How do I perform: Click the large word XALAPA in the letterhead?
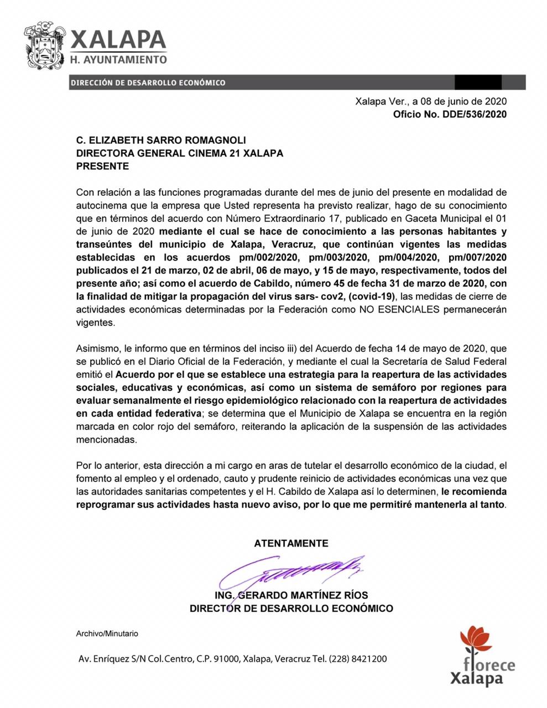pyautogui.click(x=118, y=39)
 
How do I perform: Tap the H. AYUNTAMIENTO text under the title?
pyautogui.click(x=118, y=59)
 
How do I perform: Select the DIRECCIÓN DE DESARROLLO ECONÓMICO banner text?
pyautogui.click(x=148, y=82)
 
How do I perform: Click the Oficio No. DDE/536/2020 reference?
pyautogui.click(x=449, y=114)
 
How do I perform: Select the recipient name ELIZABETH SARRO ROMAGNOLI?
pyautogui.click(x=165, y=140)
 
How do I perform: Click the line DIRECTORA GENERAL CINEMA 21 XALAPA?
pyautogui.click(x=179, y=153)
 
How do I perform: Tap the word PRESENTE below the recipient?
pyautogui.click(x=102, y=166)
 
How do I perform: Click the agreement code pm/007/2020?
pyautogui.click(x=477, y=257)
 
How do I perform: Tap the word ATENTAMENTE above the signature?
pyautogui.click(x=291, y=543)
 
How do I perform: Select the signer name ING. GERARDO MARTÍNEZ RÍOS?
pyautogui.click(x=291, y=596)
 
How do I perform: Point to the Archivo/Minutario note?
pyautogui.click(x=107, y=633)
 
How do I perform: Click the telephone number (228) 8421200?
pyautogui.click(x=358, y=659)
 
